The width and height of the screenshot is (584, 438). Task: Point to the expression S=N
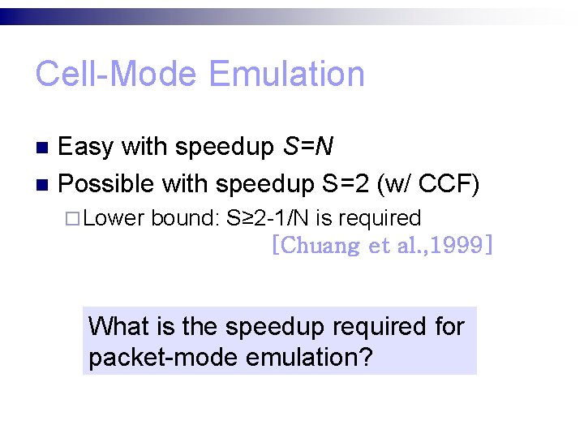coord(307,147)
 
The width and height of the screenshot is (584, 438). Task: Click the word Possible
coord(106,184)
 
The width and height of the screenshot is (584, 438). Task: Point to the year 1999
coord(458,245)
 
